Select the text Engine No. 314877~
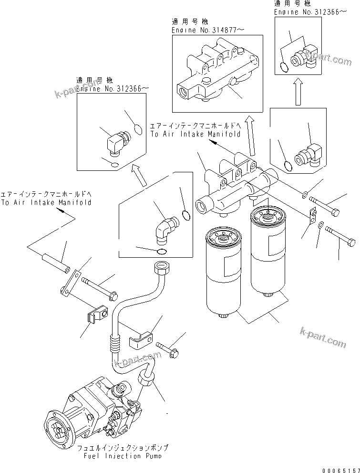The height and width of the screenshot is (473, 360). pyautogui.click(x=208, y=30)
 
